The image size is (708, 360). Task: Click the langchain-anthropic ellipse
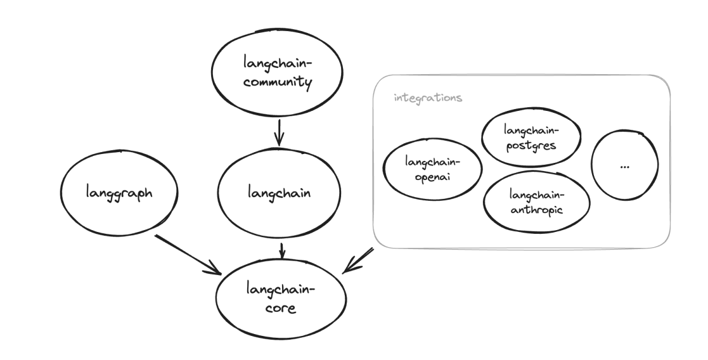[x=536, y=202]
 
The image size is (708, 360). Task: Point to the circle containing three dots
[x=625, y=165]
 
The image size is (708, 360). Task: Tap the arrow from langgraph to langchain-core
[x=187, y=254]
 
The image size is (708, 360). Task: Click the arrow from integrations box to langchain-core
[x=359, y=260]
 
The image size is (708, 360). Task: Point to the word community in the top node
[x=279, y=82]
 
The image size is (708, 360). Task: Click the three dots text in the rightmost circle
[x=625, y=166]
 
